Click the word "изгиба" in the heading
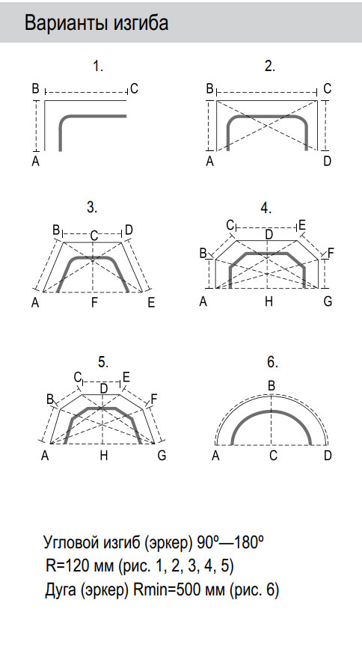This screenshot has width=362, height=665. tap(141, 23)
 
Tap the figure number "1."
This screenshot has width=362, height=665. tap(98, 66)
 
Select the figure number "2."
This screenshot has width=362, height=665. tap(269, 66)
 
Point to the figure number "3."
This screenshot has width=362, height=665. tap(92, 207)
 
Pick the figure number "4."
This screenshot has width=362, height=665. tap(266, 208)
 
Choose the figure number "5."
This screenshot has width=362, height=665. tap(103, 362)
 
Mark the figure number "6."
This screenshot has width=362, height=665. tap(272, 362)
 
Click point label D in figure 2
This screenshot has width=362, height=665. tap(327, 162)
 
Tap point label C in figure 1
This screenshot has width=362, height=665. tap(135, 88)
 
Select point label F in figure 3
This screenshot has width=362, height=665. tap(94, 303)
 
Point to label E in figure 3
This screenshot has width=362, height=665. tap(151, 303)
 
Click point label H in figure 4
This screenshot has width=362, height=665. tap(269, 302)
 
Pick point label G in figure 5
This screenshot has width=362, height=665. tap(162, 456)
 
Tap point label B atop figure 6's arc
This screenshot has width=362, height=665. tap(271, 387)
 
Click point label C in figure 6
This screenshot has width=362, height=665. tap(273, 456)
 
